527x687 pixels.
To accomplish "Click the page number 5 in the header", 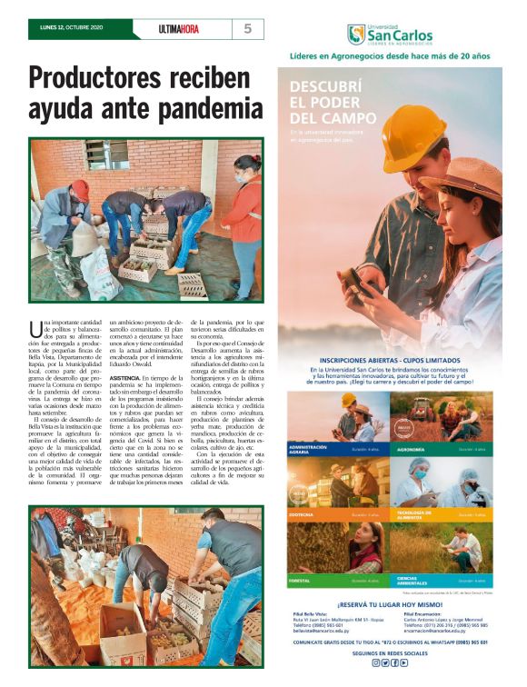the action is [x=247, y=29].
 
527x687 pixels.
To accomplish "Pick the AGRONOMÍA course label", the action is [x=412, y=448].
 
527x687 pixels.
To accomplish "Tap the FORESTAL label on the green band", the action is [x=300, y=579].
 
